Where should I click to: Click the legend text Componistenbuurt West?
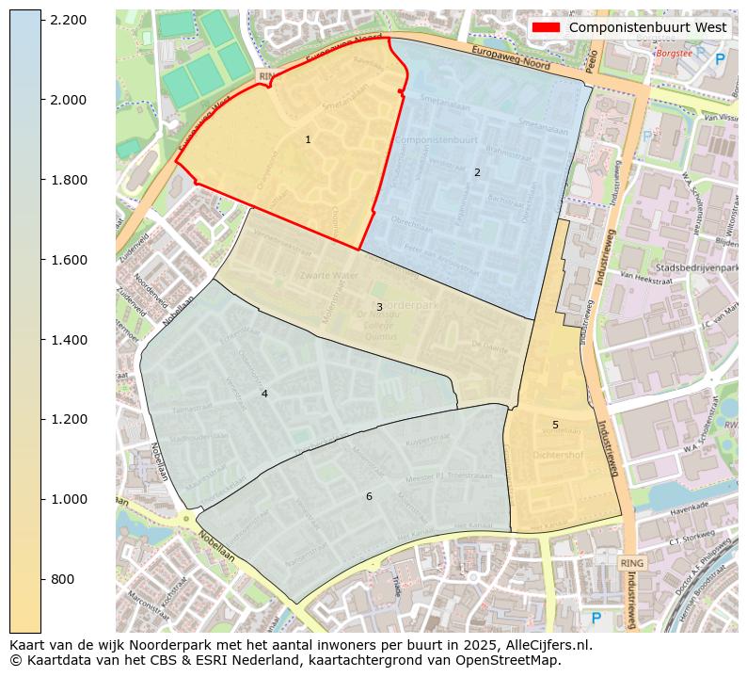pos(647,27)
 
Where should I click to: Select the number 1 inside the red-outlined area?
pos(308,139)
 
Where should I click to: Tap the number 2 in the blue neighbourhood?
pos(477,172)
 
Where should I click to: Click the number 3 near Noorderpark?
pos(379,307)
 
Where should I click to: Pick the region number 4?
pos(264,394)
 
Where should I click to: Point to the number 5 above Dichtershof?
pos(555,425)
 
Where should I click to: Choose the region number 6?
pos(369,496)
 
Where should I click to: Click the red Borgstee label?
pos(674,54)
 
